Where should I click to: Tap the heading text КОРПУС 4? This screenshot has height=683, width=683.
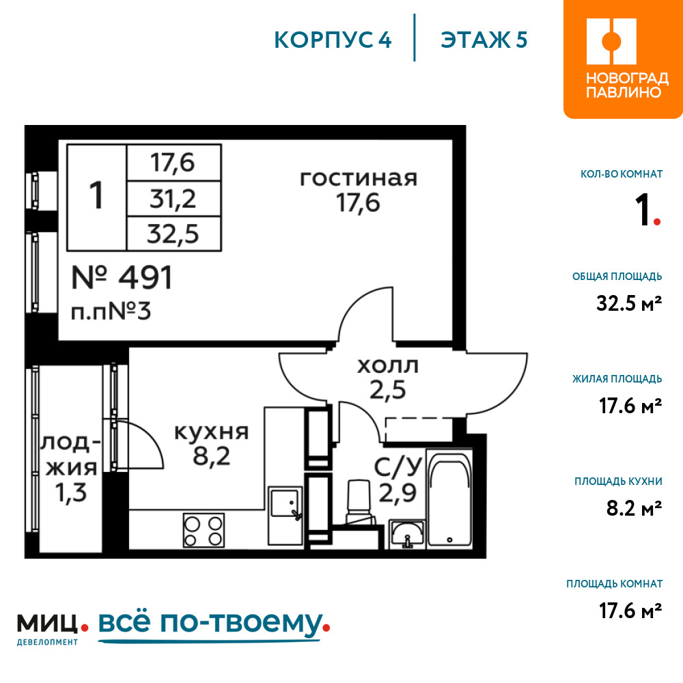click(333, 40)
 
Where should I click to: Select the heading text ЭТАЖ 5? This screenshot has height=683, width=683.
click(484, 40)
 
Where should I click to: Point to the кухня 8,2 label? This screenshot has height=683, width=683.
click(211, 444)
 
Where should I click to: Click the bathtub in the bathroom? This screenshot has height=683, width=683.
click(449, 497)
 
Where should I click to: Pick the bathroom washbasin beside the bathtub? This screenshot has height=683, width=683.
click(407, 533)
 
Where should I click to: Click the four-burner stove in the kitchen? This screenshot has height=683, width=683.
click(204, 530)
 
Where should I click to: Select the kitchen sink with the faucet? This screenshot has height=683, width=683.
click(285, 505)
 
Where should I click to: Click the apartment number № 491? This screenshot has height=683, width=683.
click(122, 278)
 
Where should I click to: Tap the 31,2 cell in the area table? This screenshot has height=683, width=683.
click(173, 199)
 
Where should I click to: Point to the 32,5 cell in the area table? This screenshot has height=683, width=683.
click(173, 234)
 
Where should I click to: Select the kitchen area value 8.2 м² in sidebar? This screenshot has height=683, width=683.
click(634, 508)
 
